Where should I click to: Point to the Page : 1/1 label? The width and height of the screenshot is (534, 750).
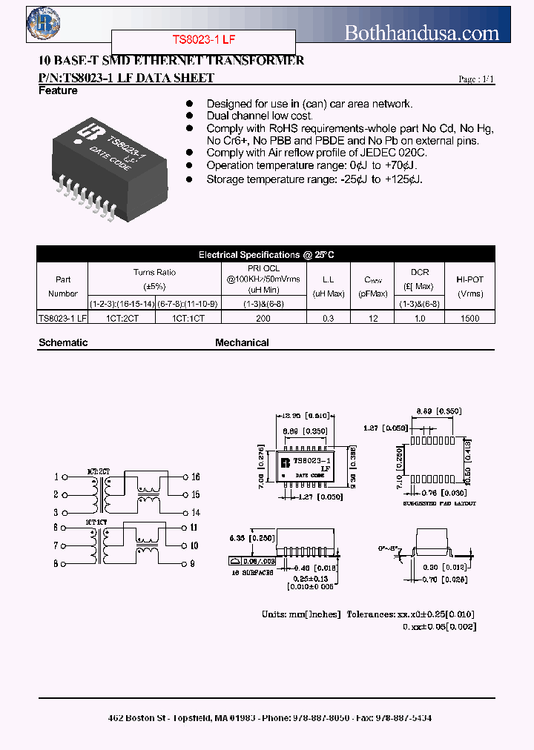tap(475, 79)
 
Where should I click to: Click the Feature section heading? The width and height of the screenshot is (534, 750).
tap(58, 91)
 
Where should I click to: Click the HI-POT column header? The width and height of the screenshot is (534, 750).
tap(469, 286)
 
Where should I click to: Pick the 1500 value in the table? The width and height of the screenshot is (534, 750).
tap(469, 318)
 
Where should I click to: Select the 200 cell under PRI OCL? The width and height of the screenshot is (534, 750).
tap(263, 318)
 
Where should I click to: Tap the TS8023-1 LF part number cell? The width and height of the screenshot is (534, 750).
tap(62, 318)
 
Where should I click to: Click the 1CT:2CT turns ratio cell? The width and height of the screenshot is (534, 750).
tap(122, 318)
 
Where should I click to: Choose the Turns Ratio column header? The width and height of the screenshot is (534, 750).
tap(154, 279)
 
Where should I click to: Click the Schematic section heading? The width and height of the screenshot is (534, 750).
tap(63, 343)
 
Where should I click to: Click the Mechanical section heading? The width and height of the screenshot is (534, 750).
tap(242, 343)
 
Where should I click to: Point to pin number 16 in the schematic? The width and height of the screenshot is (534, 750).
tap(196, 477)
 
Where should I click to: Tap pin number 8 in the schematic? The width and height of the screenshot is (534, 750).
tap(55, 564)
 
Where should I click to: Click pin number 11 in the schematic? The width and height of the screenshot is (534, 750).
tap(194, 528)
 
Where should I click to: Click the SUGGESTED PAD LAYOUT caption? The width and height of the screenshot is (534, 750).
tap(440, 503)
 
